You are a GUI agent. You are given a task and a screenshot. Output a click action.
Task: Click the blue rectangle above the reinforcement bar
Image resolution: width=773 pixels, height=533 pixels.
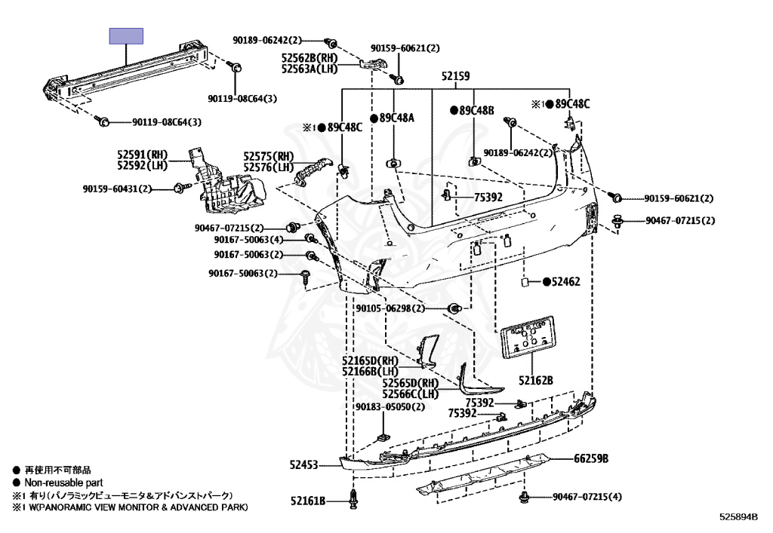126,36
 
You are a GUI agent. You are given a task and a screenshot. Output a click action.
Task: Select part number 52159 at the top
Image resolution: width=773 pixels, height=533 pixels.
456,76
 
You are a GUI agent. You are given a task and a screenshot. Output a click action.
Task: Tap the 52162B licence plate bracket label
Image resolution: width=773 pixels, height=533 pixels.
536,380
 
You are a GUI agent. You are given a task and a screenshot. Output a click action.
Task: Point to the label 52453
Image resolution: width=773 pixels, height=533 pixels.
304,466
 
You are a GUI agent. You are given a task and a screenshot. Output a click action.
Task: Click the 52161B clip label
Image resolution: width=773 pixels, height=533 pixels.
309,500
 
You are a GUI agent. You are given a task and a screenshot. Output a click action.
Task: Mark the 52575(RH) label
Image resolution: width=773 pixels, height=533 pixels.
267,157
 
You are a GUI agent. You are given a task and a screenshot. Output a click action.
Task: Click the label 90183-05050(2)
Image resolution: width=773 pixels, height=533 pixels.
390,407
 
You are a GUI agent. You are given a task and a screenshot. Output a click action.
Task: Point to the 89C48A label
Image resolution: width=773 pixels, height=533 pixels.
397,118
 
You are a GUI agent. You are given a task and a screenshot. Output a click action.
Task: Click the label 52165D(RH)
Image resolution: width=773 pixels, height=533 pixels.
369,360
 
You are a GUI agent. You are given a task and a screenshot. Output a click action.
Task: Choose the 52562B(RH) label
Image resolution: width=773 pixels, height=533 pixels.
310,57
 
